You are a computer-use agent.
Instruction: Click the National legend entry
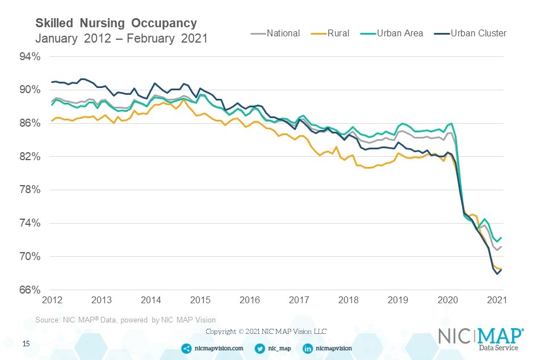point(275,34)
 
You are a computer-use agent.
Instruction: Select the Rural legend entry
point(330,34)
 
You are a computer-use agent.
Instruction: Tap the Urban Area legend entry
point(392,34)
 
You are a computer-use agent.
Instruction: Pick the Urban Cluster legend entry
point(470,34)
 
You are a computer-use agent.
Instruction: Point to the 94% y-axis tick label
point(30,56)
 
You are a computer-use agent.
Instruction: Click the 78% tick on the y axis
point(30,190)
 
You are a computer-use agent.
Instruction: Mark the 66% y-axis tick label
point(30,290)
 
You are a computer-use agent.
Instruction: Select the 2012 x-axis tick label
point(52,300)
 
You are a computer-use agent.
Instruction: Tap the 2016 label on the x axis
point(250,300)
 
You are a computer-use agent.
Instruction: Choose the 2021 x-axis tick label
point(497,300)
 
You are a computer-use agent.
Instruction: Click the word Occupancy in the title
point(164,23)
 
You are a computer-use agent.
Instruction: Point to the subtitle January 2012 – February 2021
point(121,38)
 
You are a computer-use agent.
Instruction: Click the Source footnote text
point(125,320)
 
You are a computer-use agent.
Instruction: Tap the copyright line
point(266,332)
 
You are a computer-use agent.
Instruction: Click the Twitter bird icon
point(259,348)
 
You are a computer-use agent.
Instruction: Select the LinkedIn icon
point(308,348)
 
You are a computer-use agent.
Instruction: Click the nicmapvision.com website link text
point(219,348)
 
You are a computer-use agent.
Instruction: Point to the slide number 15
point(26,344)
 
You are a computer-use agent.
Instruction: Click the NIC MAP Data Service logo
point(481,339)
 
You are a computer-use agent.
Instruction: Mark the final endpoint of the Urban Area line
point(501,238)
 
